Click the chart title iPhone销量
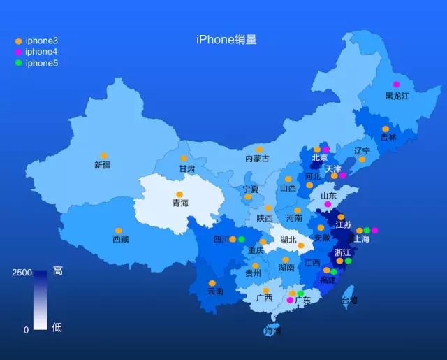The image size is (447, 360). (x=226, y=40)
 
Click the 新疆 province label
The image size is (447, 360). (x=103, y=165)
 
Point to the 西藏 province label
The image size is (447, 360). (x=120, y=240)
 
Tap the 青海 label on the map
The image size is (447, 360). (x=180, y=203)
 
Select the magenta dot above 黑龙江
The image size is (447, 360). (x=397, y=85)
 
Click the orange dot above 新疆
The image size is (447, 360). (x=103, y=155)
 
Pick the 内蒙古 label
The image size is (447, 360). (x=257, y=159)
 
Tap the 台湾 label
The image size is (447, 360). (x=349, y=301)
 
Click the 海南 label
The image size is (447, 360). (x=273, y=331)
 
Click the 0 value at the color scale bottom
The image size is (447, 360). (x=27, y=329)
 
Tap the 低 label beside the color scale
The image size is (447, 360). (x=57, y=327)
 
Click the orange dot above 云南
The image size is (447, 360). (x=212, y=283)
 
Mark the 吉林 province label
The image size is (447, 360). (x=388, y=138)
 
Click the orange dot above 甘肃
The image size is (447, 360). (x=184, y=159)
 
